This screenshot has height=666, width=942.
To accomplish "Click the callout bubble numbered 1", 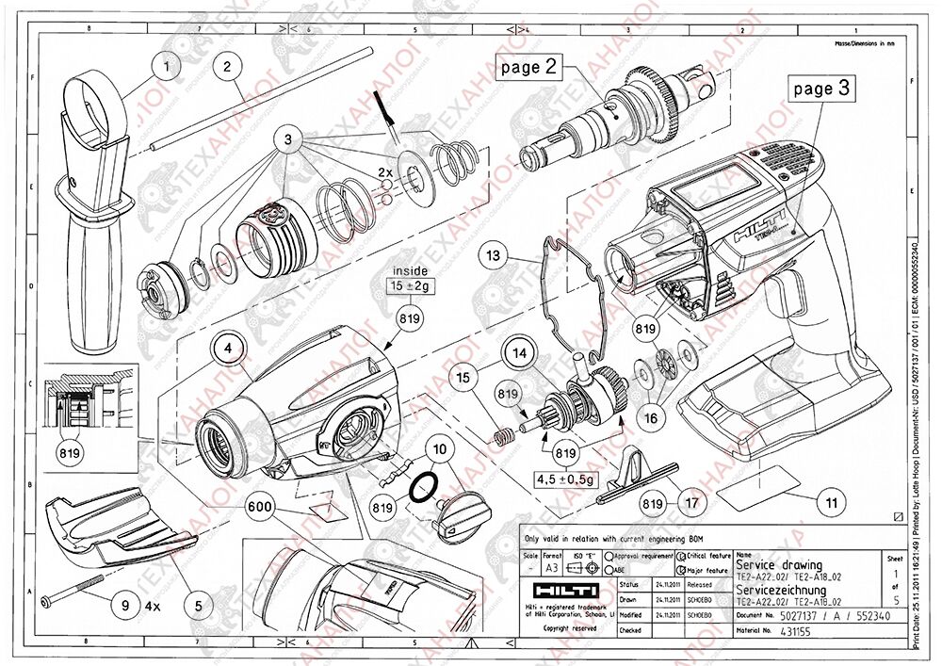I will [167, 67].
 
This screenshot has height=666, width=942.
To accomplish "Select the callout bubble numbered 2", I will [227, 67].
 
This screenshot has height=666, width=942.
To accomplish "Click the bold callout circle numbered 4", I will [227, 347].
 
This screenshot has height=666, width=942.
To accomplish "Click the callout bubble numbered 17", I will [692, 503].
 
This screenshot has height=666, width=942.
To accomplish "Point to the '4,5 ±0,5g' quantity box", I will [565, 479].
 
